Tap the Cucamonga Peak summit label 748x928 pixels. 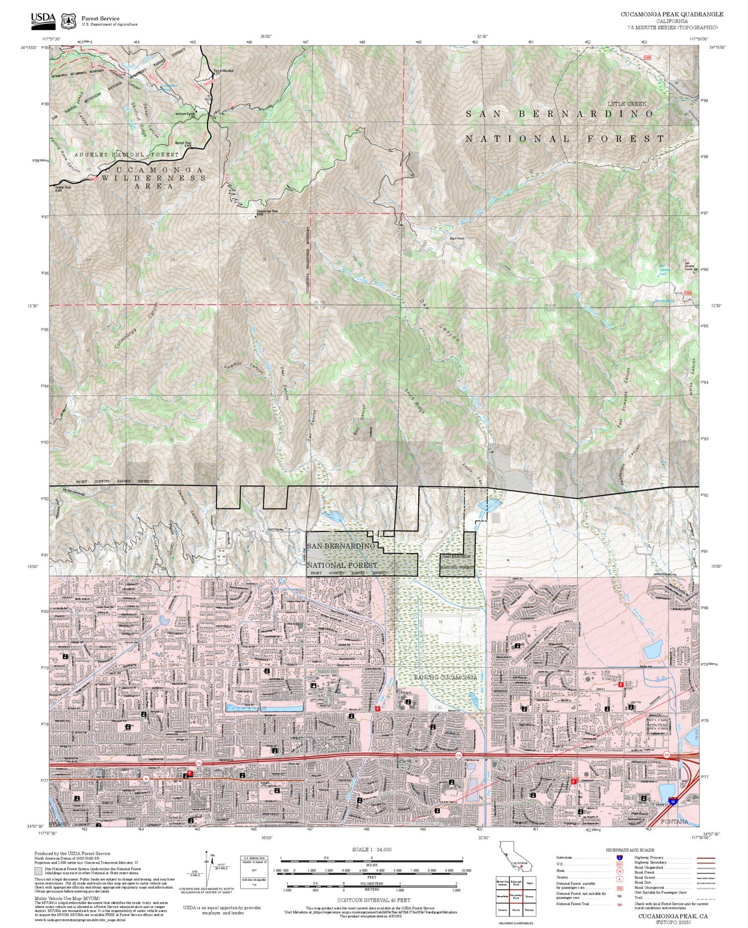267,211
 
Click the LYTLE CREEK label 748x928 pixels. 627,104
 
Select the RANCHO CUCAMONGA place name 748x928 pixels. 445,677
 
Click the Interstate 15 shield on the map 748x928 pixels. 673,802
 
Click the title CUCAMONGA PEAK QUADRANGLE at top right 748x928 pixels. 672,14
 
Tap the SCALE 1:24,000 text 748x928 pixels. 372,850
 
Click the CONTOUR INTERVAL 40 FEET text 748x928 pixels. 374,900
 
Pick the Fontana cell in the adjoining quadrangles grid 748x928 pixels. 530,910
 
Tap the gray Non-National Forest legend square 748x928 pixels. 38,871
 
